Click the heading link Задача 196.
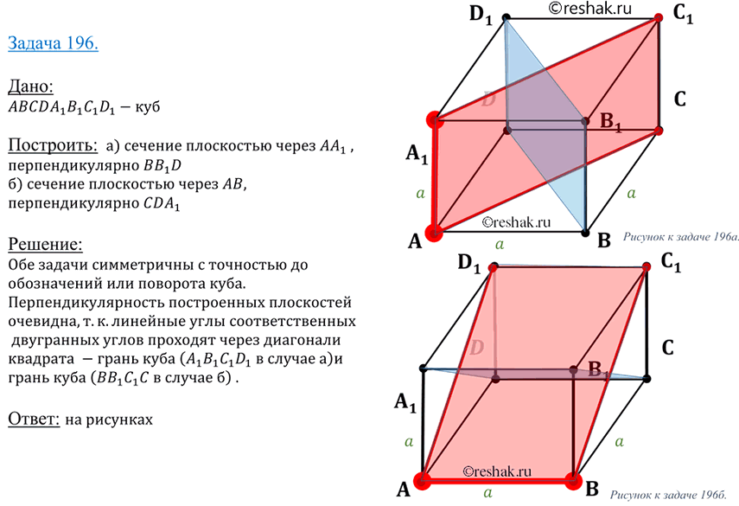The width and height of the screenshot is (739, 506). coord(53,42)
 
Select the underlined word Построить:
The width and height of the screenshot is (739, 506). coord(44,143)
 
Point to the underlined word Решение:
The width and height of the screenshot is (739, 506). coord(44,243)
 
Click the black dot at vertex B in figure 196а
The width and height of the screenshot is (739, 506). coord(586,232)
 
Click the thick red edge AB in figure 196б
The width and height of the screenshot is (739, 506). coord(498,480)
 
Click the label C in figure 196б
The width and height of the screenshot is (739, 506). coord(667,349)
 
